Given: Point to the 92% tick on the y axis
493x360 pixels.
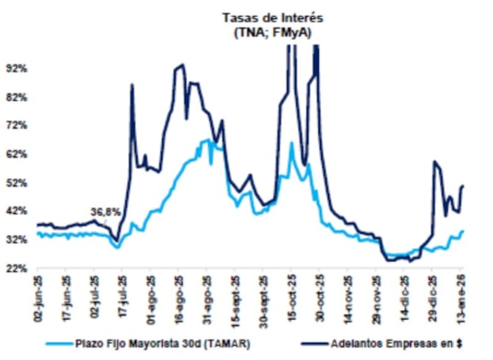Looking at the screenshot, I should [17, 68].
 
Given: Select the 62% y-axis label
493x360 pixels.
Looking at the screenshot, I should [17, 154].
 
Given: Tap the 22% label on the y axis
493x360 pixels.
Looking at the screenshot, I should [17, 268].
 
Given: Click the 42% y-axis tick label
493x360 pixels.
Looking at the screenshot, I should [17, 211].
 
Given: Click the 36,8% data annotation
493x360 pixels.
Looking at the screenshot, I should [105, 211].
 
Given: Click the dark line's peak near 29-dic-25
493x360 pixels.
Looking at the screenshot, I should [435, 162].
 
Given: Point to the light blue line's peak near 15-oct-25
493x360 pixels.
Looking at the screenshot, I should [291, 143].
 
